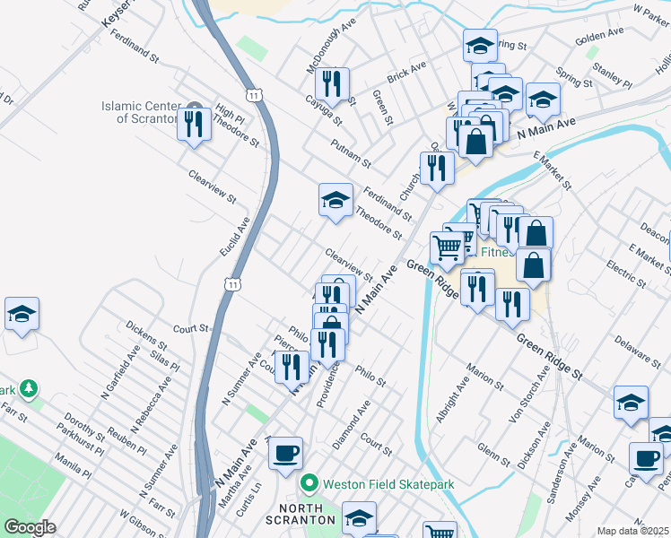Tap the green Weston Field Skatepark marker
[x=309, y=484]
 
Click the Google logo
[x=30, y=527]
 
